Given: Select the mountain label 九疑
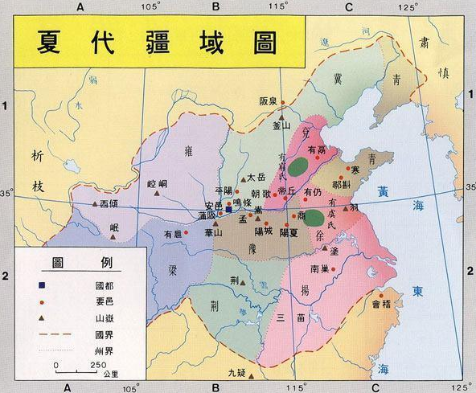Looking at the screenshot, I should click(236, 372).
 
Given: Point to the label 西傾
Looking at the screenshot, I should click(117, 204).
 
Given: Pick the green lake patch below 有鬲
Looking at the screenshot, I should click(299, 166).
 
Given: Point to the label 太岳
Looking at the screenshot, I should click(256, 177).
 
